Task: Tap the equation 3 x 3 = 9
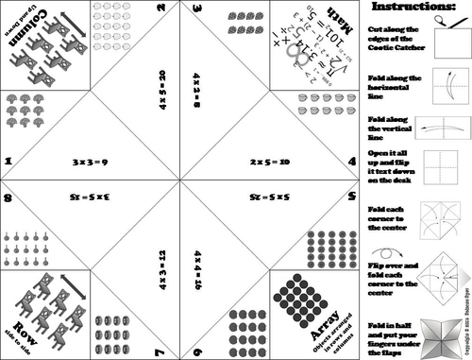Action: [x=92, y=163]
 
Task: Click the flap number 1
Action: [x=8, y=162]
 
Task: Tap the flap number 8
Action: [x=8, y=198]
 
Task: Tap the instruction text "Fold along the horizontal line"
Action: [x=389, y=82]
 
